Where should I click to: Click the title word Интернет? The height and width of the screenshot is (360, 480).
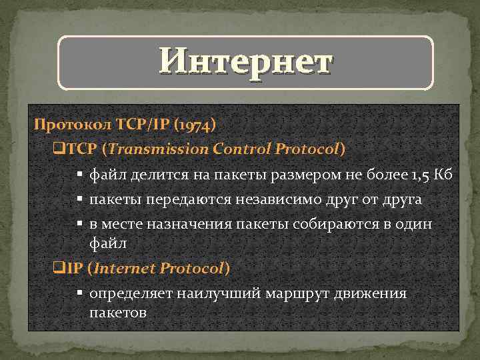[245, 63]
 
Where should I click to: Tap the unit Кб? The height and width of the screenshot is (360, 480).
[444, 175]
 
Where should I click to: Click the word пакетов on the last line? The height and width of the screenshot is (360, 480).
[118, 312]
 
